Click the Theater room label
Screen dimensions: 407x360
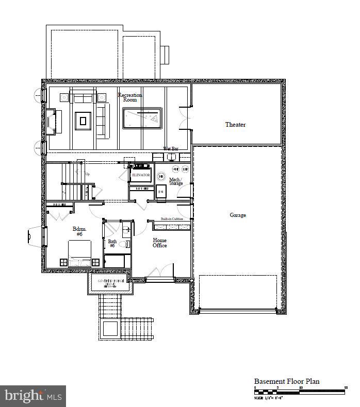(x=235, y=125)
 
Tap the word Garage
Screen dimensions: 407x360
(x=238, y=215)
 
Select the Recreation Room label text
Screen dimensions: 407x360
(x=130, y=97)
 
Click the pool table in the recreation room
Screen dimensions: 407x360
(x=142, y=118)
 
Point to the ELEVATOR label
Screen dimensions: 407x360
(x=141, y=175)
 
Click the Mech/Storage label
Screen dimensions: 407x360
(x=176, y=181)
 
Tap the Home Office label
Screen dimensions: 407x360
(x=160, y=243)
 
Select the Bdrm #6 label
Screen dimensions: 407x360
(x=79, y=231)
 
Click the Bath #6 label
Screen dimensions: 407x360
(x=112, y=244)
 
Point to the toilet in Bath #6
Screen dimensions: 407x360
(x=124, y=245)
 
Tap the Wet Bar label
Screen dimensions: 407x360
(x=171, y=149)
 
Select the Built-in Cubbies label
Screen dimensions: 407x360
(x=172, y=219)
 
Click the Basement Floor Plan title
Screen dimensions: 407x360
(x=287, y=382)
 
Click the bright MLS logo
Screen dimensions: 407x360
(x=33, y=396)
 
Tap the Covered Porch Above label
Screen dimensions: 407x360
(x=109, y=282)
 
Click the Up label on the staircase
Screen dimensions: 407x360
(x=87, y=174)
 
